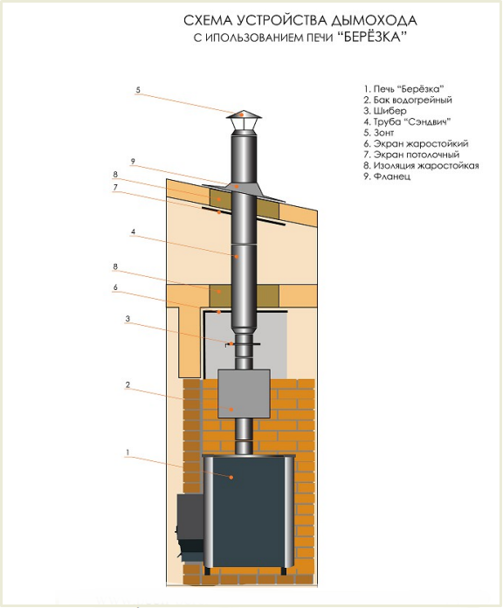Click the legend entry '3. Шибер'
point(385,111)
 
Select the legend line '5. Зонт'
point(379,133)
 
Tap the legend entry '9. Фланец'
point(387,176)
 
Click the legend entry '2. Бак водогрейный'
point(408,100)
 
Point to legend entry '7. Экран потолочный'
point(411,155)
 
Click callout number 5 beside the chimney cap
point(138,90)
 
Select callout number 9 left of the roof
point(133,162)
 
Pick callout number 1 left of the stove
point(127,453)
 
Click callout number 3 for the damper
point(127,319)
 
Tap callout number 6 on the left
point(115,287)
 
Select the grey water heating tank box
point(244,393)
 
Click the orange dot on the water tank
point(231,409)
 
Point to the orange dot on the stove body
point(231,477)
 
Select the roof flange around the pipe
point(244,191)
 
